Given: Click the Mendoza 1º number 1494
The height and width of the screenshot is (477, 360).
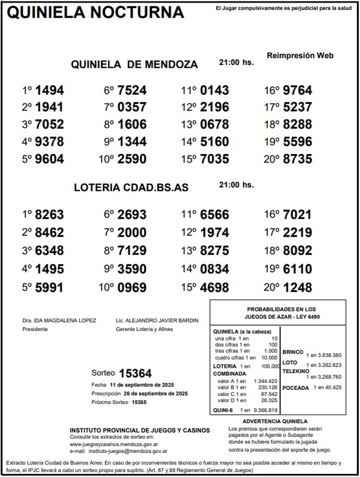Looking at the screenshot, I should tap(49, 90).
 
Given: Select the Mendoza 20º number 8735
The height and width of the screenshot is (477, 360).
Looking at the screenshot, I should tap(297, 159).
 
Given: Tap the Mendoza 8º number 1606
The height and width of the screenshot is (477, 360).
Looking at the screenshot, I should tap(132, 124).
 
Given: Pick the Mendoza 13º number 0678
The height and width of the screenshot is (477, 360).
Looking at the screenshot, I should tap(214, 124).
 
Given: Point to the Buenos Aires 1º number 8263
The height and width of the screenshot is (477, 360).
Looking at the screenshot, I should tap(49, 215).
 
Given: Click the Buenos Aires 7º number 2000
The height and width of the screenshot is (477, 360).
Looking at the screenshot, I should tap(132, 233).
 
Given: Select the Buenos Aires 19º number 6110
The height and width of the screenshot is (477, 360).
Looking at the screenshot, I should tap(297, 269).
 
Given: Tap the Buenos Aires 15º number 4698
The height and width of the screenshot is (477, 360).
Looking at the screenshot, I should tap(214, 287).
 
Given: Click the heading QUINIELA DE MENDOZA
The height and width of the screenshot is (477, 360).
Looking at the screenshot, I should tap(134, 64).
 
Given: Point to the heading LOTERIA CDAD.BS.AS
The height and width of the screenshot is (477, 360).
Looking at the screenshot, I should tap(131, 187).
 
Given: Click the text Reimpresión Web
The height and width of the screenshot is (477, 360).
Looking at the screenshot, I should tap(300, 55).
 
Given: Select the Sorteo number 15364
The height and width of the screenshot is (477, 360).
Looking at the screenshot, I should tap(135, 373).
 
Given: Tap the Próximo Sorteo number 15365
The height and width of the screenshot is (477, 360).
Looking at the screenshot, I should tap(139, 402).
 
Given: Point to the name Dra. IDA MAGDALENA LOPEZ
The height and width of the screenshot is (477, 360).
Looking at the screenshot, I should tap(59, 320).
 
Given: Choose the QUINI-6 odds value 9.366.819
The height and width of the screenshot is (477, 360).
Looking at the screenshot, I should tap(265, 410).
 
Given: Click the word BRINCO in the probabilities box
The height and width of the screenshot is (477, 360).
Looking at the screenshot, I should tap(292, 352).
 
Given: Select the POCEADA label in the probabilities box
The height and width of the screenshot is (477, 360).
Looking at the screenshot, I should tap(295, 388).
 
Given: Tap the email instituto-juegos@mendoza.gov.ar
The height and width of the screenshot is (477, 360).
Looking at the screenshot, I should tap(128, 451).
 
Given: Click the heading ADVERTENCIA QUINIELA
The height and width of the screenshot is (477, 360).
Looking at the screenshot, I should tap(275, 421).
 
